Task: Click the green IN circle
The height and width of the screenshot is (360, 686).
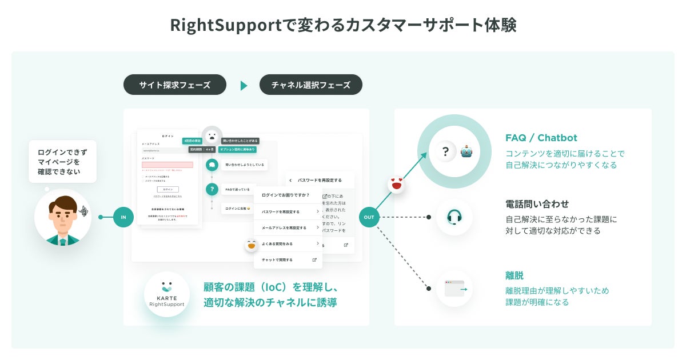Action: [x=123, y=217]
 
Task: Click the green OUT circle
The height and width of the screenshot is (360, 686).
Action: [x=369, y=217]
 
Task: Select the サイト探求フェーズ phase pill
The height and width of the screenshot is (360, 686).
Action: [x=175, y=85]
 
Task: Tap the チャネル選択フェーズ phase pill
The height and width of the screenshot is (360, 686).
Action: [x=310, y=85]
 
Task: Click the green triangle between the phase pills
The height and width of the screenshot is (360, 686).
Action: [x=244, y=86]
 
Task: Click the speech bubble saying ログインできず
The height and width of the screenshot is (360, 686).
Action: [x=62, y=162]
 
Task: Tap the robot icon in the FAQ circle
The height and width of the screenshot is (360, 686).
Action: [x=468, y=151]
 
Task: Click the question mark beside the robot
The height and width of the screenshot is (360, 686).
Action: [x=445, y=151]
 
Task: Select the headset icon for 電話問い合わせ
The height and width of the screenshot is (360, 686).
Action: [x=454, y=217]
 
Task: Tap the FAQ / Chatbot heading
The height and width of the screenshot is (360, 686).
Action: [x=541, y=138]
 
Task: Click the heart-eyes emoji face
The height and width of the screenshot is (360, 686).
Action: [x=396, y=185]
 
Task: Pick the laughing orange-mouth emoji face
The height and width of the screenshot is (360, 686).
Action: [x=251, y=246]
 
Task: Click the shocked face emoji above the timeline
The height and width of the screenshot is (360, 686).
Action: [x=212, y=137]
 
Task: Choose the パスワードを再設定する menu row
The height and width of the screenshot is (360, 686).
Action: [x=288, y=211]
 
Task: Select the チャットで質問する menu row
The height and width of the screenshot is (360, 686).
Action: [x=288, y=259]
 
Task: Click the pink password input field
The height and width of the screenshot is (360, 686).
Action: [x=167, y=165]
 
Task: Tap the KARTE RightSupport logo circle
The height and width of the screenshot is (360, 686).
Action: [x=166, y=294]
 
